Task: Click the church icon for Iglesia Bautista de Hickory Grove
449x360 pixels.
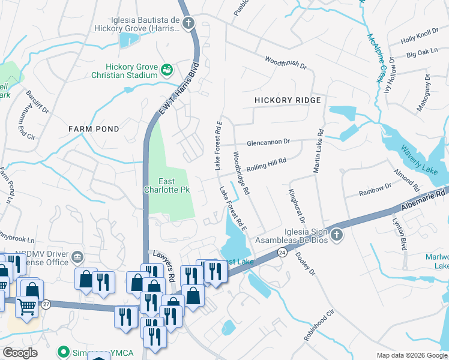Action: pos(189,23)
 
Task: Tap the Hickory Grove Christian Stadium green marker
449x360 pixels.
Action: pos(166,71)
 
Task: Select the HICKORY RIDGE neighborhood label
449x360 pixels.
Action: pos(288,100)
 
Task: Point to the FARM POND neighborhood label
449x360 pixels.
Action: pos(93,129)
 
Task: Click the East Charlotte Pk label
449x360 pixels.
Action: pos(175,187)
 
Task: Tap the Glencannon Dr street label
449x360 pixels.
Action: pos(268,142)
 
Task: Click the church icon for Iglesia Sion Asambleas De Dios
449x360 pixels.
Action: pos(336,235)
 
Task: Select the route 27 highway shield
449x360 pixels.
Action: pos(46,304)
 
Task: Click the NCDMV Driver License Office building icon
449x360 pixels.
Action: pos(77,259)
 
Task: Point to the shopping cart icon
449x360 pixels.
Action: pos(26,308)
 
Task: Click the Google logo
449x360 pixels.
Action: pos(20,353)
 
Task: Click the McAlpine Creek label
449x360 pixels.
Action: pos(375,57)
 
